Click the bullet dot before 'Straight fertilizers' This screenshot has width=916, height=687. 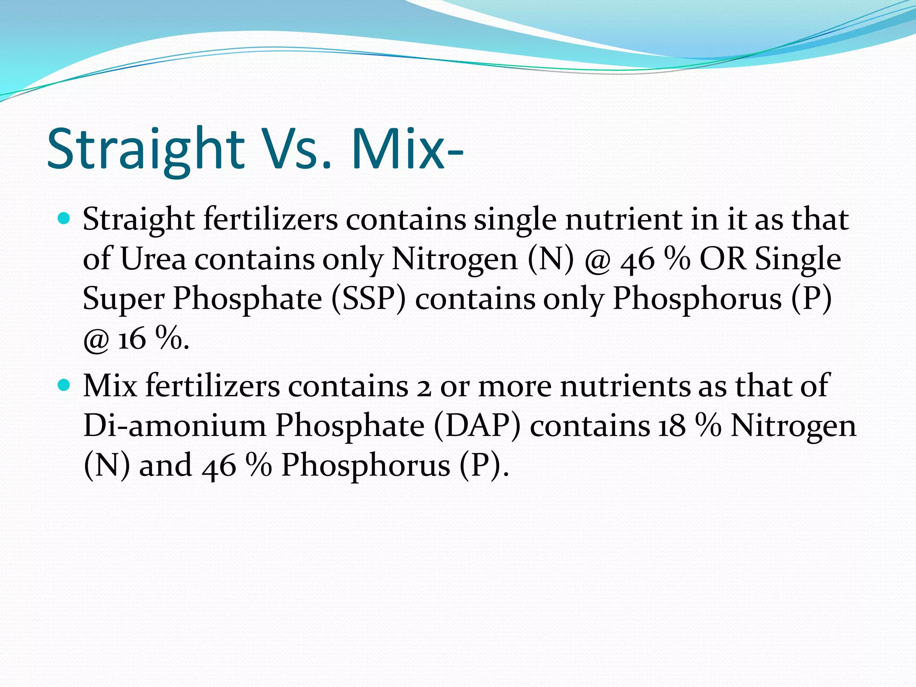(64, 218)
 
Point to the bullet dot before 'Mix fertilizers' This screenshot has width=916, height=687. (64, 384)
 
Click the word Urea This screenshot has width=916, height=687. (153, 259)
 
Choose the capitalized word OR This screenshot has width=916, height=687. (723, 259)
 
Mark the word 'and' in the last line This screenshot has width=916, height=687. (166, 465)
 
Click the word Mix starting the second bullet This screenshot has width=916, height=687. (110, 385)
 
